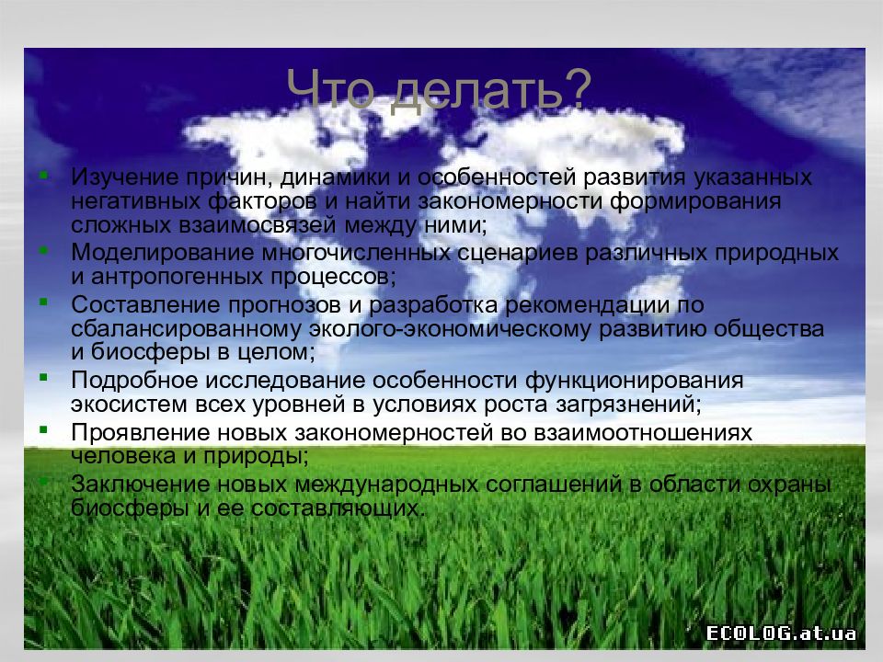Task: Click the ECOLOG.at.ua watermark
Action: click(781, 633)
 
